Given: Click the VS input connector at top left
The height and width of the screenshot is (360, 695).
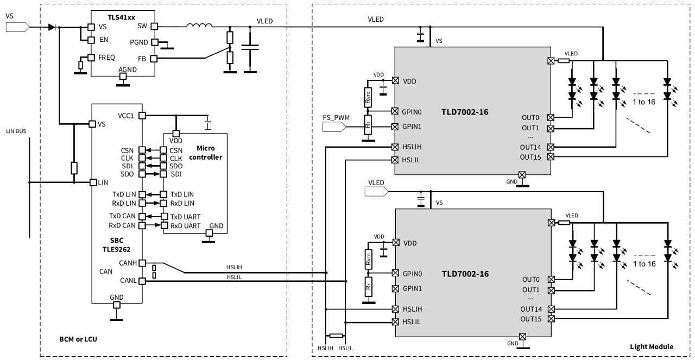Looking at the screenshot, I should click(x=16, y=26).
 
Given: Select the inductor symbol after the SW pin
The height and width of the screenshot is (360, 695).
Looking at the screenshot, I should click(x=199, y=26).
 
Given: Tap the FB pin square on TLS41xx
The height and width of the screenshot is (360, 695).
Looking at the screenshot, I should click(x=154, y=58).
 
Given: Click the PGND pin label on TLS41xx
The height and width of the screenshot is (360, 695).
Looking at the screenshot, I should click(x=138, y=42).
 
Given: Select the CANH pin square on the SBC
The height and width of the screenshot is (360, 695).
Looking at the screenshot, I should click(x=142, y=263).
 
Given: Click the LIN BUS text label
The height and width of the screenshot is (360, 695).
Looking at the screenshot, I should click(x=16, y=131).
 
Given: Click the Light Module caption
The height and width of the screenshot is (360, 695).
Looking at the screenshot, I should click(x=651, y=346).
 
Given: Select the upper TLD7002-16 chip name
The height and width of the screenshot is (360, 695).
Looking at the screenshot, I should click(x=465, y=112).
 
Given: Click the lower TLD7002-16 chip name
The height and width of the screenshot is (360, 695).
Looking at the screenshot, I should click(x=465, y=274).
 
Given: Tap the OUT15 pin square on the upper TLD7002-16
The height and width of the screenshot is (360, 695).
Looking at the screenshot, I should click(x=551, y=157).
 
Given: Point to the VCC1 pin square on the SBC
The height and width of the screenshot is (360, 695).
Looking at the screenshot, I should click(x=142, y=116).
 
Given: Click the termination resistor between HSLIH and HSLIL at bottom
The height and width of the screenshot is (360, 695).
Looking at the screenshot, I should click(x=336, y=336).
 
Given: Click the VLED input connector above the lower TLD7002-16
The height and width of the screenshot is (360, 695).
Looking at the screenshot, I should click(x=376, y=191).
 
